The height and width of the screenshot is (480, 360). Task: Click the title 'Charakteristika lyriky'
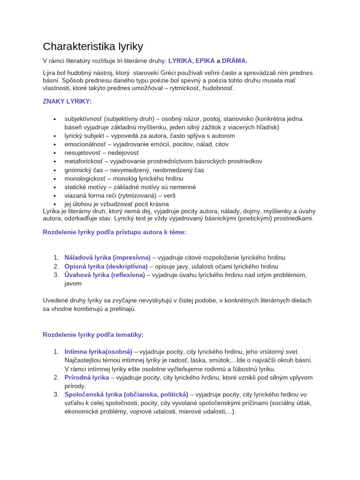click(93, 46)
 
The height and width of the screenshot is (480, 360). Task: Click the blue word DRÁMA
click(233, 60)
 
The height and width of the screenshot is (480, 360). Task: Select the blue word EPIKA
click(205, 60)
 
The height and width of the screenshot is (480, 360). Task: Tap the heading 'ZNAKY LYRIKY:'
click(67, 101)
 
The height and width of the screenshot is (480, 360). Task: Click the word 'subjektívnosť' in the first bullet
click(83, 119)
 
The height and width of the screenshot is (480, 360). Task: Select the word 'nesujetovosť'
click(83, 153)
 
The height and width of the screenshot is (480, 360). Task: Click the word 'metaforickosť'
click(84, 161)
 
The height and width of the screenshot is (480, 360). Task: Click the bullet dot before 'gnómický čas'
click(55, 170)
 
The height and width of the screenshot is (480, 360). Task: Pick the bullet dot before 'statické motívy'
click(55, 187)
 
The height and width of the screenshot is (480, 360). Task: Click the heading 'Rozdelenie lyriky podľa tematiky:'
click(93, 335)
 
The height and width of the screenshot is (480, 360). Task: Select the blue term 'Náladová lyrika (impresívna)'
click(107, 258)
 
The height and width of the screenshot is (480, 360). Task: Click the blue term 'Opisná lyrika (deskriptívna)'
click(106, 266)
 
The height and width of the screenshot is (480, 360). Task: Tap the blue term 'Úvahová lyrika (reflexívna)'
click(105, 275)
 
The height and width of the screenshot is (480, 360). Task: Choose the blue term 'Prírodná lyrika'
click(87, 377)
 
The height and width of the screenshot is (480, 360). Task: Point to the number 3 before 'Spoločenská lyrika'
click(55, 394)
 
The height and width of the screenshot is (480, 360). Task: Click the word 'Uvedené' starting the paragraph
click(55, 300)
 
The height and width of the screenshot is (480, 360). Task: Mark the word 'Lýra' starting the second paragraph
click(49, 73)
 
